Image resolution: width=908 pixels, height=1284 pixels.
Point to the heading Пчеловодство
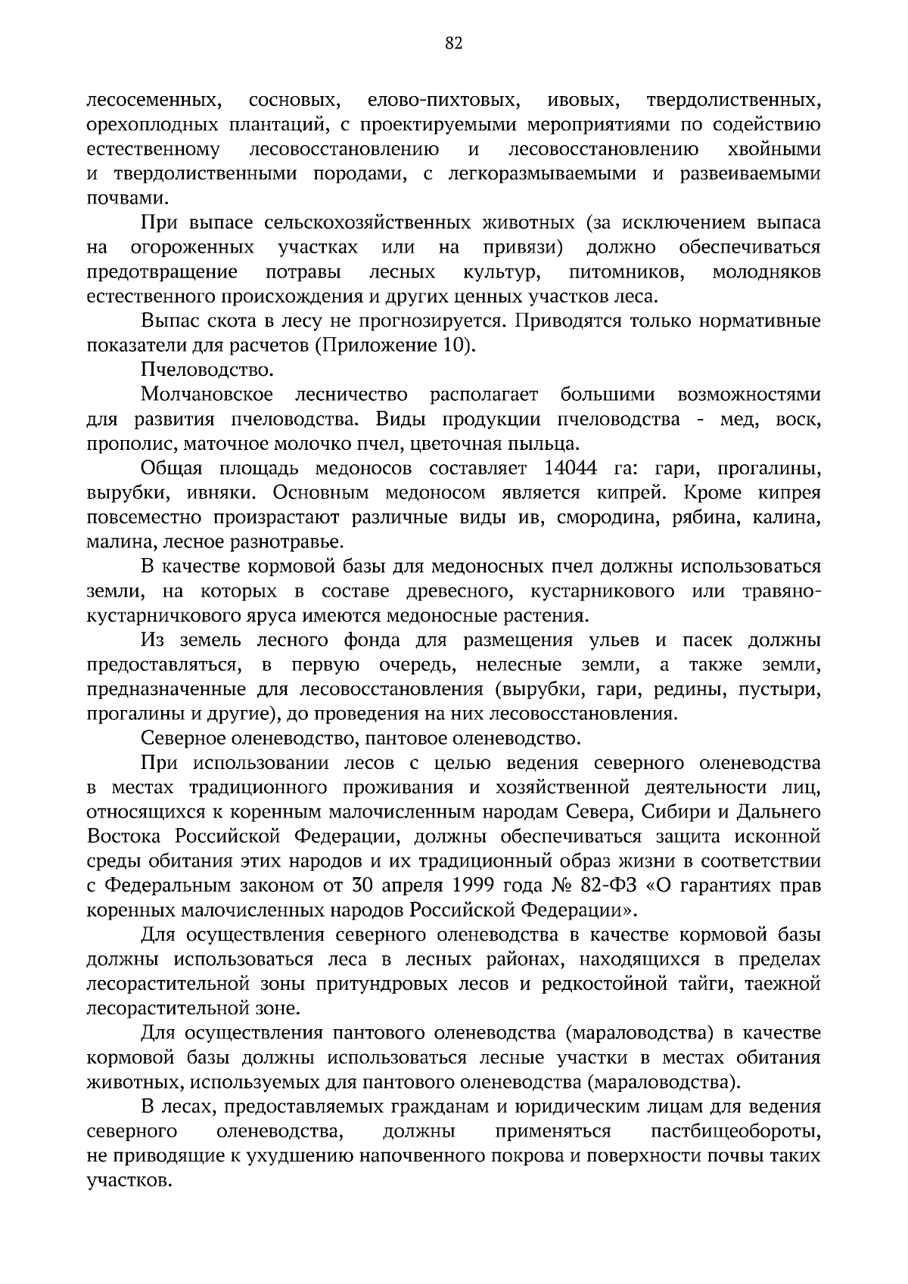click(207, 371)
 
